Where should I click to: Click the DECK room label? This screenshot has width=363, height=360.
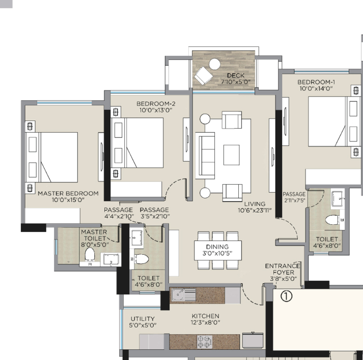point(236,75)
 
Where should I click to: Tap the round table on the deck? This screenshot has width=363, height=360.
point(215,64)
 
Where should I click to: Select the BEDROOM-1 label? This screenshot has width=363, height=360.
point(316,82)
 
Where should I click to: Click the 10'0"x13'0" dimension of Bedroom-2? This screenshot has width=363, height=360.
point(156,110)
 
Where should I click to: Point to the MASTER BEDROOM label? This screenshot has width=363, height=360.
point(68,193)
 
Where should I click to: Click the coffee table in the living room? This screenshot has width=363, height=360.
point(231,155)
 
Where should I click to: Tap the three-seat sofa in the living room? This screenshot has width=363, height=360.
point(205,156)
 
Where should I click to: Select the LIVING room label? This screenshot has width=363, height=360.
point(255,204)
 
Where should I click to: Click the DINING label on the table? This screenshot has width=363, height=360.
point(217,247)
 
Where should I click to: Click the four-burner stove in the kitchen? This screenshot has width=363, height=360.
point(205,342)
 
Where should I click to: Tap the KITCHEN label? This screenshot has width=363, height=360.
point(205,316)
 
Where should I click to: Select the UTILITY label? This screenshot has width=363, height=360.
point(143,319)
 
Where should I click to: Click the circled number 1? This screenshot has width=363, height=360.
point(286,296)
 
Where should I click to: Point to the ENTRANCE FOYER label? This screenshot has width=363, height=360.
point(283,269)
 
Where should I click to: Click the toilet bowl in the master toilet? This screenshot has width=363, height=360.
point(90,254)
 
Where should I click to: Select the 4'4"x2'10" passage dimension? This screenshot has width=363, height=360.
point(119,216)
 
